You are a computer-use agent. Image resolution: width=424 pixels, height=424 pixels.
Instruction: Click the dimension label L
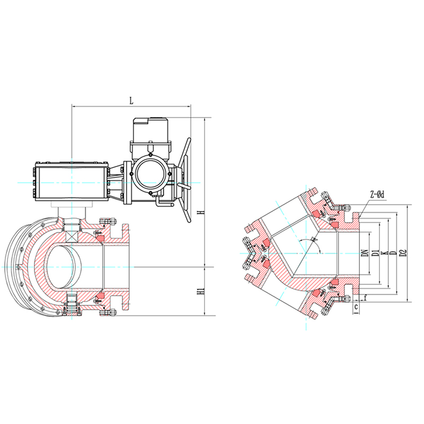131,101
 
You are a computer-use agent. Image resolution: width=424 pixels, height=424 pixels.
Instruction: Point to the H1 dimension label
201,291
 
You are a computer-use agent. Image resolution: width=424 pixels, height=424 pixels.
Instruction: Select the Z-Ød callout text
377,195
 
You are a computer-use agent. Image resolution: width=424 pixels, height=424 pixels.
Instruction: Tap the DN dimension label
366,253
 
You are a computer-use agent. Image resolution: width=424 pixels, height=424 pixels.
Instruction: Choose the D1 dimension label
375,253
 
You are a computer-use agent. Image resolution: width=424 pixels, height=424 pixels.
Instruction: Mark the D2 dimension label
403,253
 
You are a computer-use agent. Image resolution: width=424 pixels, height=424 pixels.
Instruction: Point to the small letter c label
356,307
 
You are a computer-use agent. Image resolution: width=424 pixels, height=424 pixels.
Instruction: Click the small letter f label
365,298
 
